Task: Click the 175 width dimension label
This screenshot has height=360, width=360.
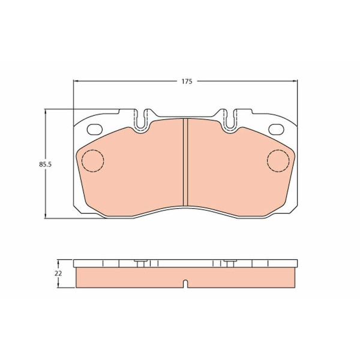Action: point(187,82)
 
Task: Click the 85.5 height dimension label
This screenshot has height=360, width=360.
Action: point(45,164)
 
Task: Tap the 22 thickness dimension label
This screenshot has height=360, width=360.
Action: point(58,274)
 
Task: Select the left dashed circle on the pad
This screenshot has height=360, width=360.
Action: point(93,160)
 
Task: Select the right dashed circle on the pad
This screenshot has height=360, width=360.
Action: point(278,160)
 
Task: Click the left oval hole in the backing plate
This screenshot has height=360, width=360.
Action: point(95,130)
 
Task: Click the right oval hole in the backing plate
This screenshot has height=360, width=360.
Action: point(276,130)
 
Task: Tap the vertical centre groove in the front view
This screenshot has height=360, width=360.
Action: point(185,162)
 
